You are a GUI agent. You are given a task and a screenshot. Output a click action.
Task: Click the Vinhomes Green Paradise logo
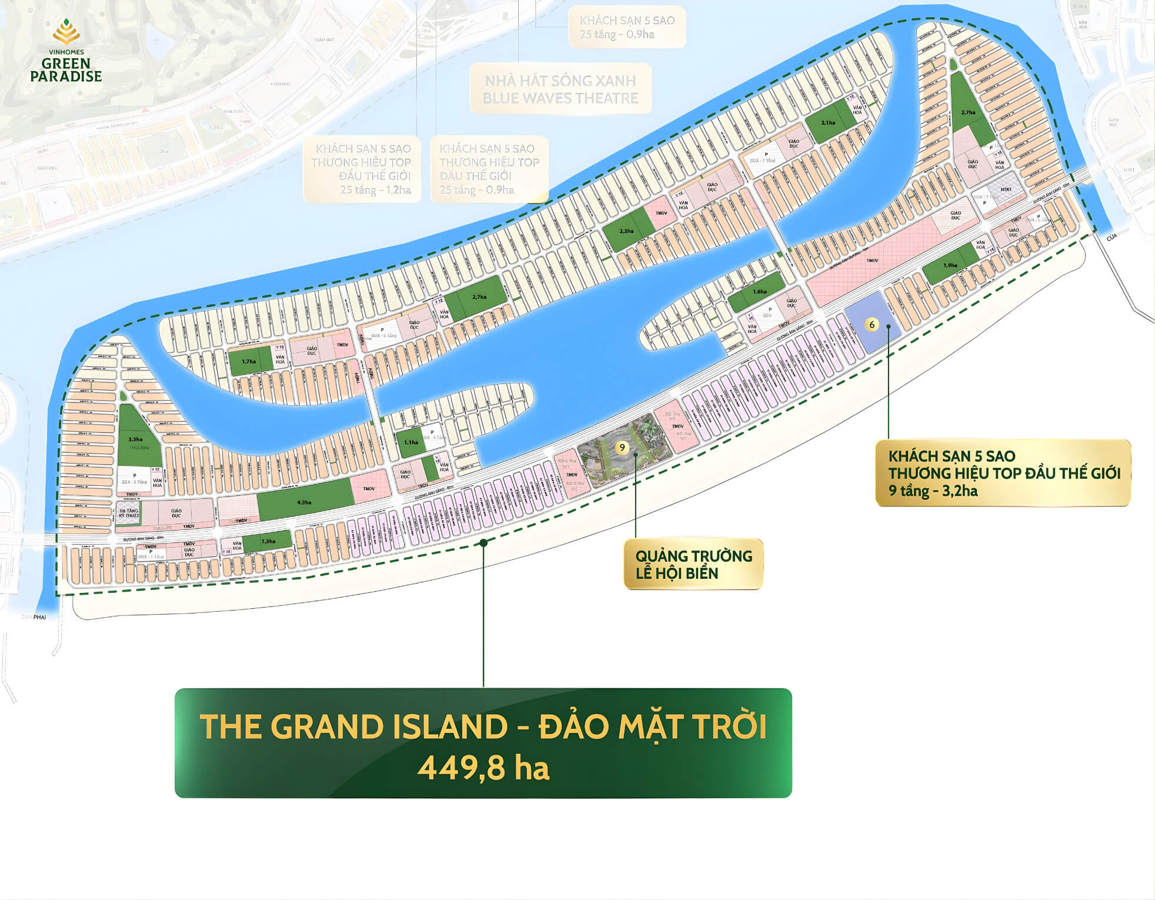66,51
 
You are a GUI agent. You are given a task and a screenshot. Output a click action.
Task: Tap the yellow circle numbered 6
872,325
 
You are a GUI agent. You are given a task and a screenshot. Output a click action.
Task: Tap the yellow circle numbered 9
622,448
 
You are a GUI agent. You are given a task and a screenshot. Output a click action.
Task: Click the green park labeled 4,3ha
304,502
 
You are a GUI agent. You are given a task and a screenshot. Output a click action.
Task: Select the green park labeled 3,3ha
136,438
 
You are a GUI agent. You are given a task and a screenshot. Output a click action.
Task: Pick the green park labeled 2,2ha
626,231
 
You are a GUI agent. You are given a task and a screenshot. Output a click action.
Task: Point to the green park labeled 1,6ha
759,291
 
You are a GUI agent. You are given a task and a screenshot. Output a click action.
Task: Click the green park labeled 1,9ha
950,265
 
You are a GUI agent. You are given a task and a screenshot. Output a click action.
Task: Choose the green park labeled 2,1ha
828,123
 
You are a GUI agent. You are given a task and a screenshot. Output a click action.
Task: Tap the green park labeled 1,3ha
268,541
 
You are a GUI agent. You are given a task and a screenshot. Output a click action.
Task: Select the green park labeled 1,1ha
411,442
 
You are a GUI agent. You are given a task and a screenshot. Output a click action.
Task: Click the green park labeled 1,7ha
249,361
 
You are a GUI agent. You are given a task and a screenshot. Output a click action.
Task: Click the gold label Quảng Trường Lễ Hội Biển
693,564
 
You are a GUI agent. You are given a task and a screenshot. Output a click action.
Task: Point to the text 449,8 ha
483,768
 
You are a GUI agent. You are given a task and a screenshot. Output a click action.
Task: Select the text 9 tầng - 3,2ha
933,491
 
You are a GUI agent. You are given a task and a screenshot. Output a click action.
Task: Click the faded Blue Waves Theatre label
560,89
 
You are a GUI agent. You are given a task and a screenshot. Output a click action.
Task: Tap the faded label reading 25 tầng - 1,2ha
375,190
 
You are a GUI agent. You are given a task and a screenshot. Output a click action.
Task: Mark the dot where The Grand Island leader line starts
483,543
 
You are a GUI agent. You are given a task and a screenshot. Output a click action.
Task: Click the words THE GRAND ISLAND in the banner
353,726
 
